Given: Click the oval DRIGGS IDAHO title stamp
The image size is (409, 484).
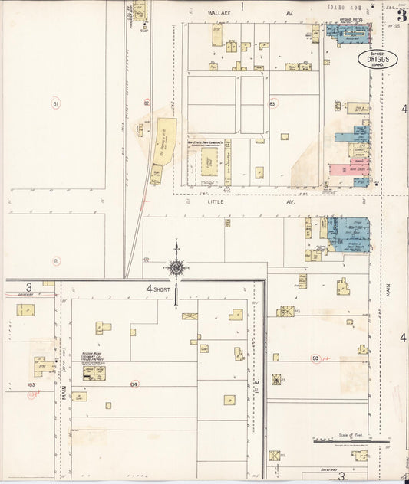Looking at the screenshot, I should point(378,59).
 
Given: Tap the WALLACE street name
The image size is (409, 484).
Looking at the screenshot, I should point(219,13).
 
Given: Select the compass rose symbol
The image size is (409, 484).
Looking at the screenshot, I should point(176,267).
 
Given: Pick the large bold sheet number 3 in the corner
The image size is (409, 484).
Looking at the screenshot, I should point(401,14).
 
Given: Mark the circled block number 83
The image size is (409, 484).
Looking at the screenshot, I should point(272,103).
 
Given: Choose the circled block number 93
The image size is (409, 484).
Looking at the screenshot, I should point(315,358).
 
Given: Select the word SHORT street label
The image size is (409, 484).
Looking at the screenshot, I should point(161,289).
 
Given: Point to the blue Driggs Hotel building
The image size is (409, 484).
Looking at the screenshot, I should point(349,31).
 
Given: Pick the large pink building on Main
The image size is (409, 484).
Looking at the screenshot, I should point(349,168).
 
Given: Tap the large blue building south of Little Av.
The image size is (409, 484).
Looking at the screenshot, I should point(349,234).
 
